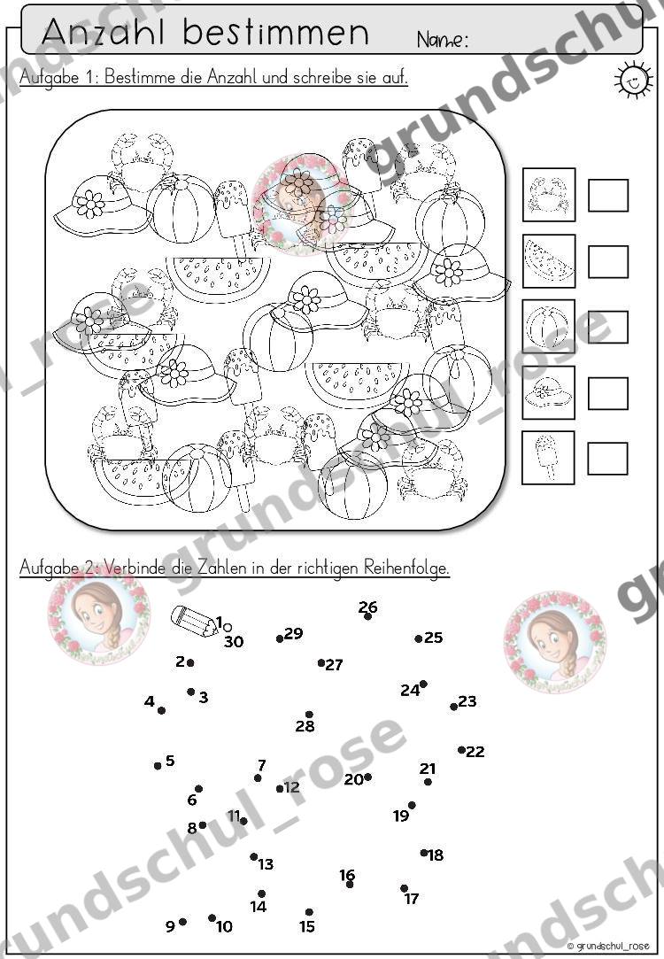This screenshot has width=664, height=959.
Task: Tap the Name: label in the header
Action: [x=443, y=40]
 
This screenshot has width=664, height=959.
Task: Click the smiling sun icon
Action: [x=632, y=79]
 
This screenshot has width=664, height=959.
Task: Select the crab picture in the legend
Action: [x=548, y=195]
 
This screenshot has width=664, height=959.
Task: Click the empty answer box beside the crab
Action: [x=607, y=195]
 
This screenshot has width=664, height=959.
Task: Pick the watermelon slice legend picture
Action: [x=548, y=260]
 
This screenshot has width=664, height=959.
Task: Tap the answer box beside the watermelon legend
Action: [x=607, y=262]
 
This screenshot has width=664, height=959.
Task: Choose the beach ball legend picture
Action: [x=548, y=326]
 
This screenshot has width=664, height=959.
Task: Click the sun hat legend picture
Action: [x=548, y=392]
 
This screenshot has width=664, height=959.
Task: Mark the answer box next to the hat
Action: [x=607, y=392]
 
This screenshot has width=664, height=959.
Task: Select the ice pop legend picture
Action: [x=548, y=458]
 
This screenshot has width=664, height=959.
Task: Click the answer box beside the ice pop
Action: [x=607, y=459]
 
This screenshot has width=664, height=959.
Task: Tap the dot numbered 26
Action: [x=367, y=616]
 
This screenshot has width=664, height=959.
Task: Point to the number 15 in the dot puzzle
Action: [x=307, y=926]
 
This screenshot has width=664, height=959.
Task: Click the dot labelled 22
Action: [x=461, y=750]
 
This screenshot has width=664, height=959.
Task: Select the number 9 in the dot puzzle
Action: [x=170, y=926]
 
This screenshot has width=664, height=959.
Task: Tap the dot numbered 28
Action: [x=309, y=715]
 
